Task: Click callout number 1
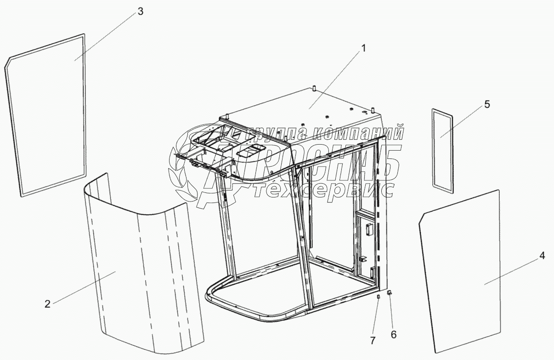(x=363, y=48)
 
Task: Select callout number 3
(x=140, y=12)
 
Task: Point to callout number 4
(x=542, y=256)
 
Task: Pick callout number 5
(x=486, y=104)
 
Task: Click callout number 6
(x=393, y=334)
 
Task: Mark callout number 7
(x=373, y=340)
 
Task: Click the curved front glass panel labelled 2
(x=138, y=276)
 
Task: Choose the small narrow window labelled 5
(x=442, y=149)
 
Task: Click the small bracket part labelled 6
(x=389, y=292)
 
